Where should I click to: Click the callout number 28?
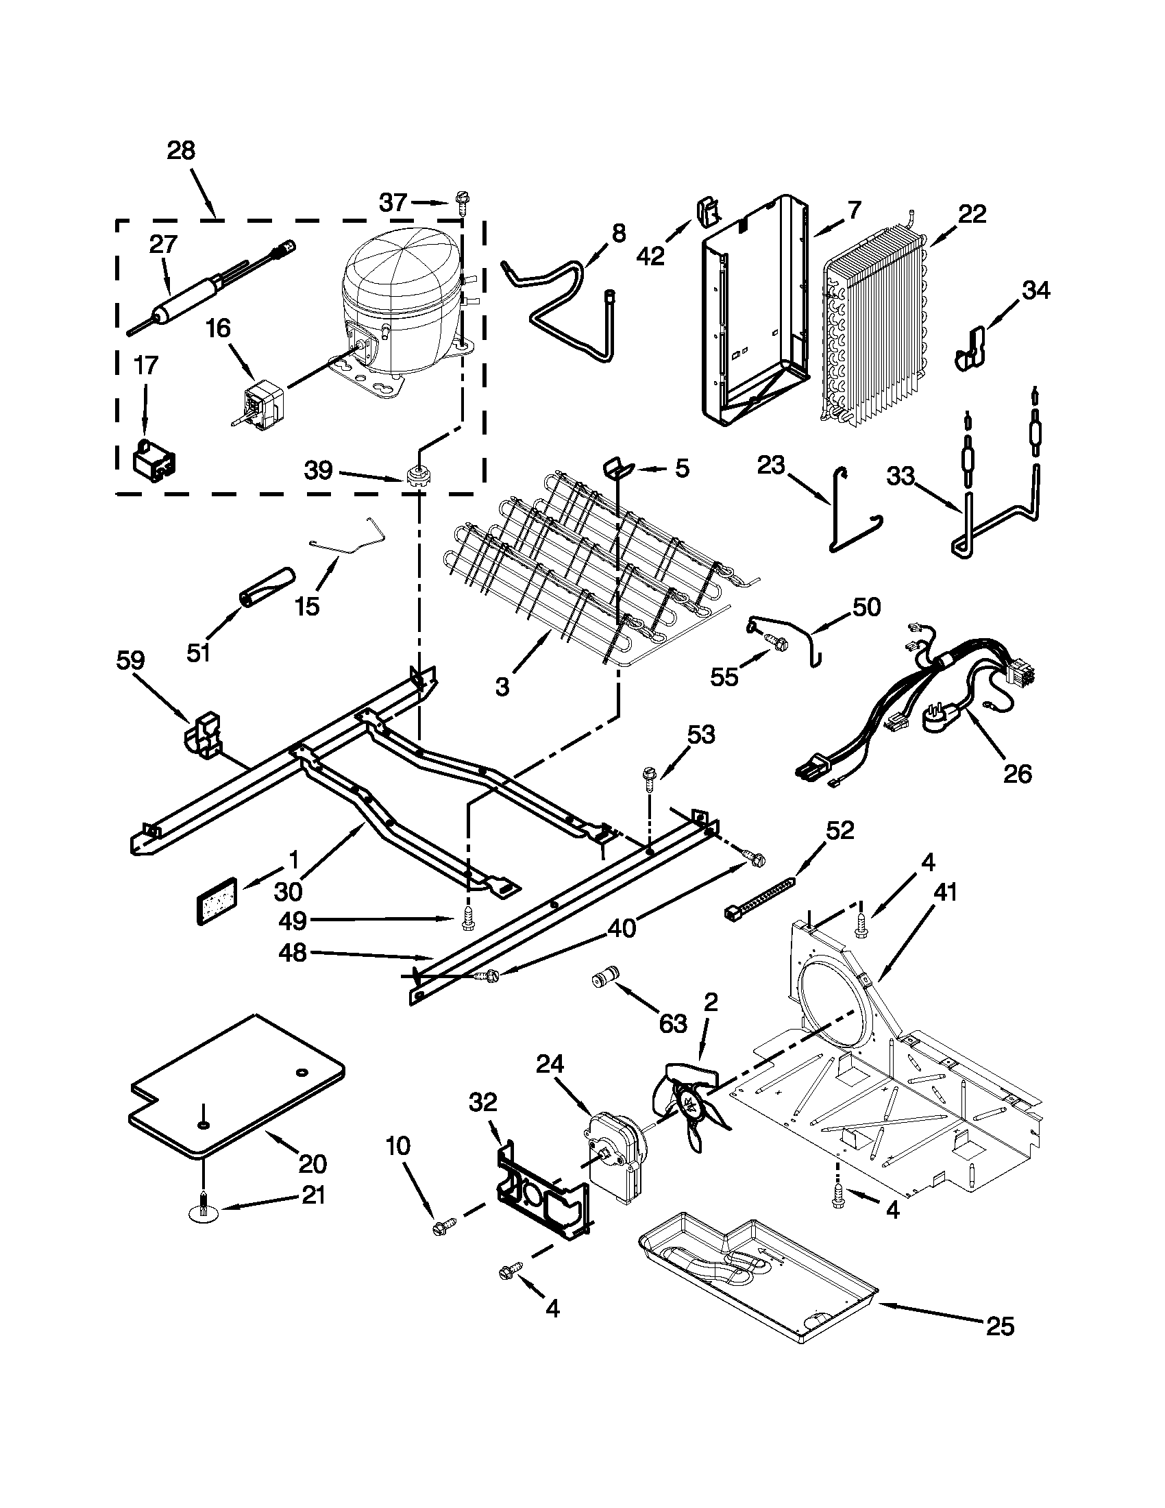181,151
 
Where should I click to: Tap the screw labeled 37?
461,202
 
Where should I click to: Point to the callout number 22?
971,215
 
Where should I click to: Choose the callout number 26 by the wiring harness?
1016,773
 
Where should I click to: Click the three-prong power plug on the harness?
942,720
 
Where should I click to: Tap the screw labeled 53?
649,775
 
